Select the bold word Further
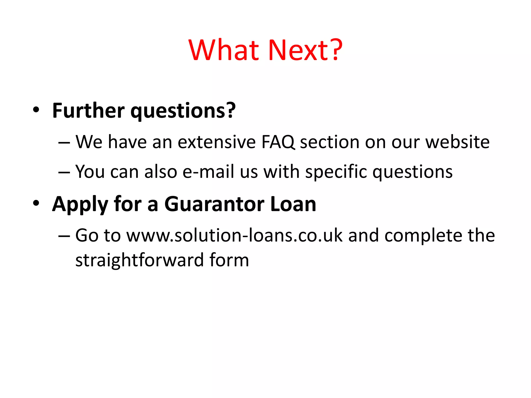click(88, 111)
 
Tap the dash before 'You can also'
click(64, 172)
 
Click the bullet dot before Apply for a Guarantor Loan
click(36, 203)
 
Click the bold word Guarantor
click(214, 204)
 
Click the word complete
click(423, 236)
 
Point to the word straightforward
click(139, 260)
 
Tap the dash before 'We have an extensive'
click(64, 143)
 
